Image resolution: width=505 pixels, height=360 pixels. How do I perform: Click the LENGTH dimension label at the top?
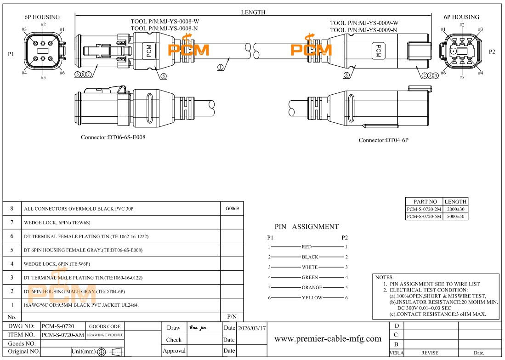(x=253, y=12)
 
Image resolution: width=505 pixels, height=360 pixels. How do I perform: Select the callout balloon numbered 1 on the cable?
(x=220, y=67)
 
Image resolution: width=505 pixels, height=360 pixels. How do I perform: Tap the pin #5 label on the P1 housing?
(x=43, y=77)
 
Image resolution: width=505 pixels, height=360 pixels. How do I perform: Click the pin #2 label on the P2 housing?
(x=462, y=24)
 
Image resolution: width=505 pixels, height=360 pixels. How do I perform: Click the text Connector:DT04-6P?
(x=383, y=140)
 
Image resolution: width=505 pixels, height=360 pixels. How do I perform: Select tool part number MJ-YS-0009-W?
(x=364, y=23)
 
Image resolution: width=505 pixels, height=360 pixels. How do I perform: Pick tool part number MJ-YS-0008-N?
(x=165, y=29)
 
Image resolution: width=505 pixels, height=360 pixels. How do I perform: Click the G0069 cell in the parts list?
(x=232, y=208)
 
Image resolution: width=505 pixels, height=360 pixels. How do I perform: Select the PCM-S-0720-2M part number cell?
(x=424, y=209)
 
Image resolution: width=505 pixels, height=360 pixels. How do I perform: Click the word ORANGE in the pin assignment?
(x=312, y=287)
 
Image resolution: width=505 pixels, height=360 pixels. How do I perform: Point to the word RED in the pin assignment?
(x=307, y=247)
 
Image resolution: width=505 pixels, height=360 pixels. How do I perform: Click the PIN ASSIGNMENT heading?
(x=306, y=227)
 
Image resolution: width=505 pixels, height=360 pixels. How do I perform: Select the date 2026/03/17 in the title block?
(x=252, y=328)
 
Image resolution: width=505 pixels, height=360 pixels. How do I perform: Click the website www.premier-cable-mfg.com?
(x=328, y=339)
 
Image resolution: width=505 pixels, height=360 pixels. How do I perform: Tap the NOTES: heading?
(x=385, y=278)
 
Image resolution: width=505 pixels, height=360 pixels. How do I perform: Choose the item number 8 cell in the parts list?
(x=12, y=208)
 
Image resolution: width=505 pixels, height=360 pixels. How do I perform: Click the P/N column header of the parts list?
(x=232, y=317)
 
